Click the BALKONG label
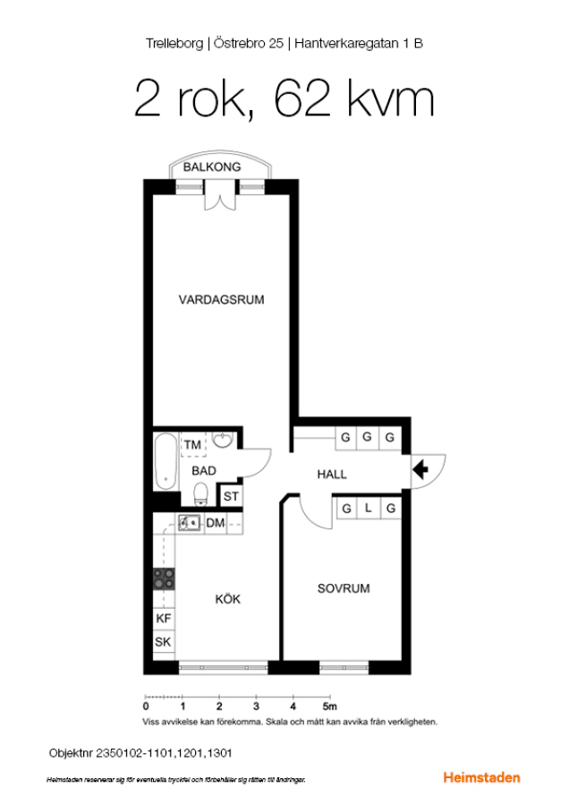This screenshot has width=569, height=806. pos(211,167)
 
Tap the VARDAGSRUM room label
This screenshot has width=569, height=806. pos(221,300)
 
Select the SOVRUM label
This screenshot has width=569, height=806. pos(344,588)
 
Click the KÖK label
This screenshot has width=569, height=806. pos(227,599)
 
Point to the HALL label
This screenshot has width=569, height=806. pos(332,474)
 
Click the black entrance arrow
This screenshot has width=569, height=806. pos(420,469)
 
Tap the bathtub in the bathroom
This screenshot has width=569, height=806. pos(166,461)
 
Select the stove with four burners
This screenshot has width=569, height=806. pos(165,579)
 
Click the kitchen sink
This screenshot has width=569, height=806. pos(189,523)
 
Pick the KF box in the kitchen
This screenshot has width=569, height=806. pos(164,618)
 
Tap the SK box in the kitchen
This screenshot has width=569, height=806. pos(164,641)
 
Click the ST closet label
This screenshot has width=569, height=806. pos(231,496)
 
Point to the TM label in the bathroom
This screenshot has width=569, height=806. pos(192,444)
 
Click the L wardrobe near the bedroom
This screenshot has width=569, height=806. pos(369,509)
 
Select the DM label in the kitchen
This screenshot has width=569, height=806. pos(216,523)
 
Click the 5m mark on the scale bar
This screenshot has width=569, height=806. pos(330,707)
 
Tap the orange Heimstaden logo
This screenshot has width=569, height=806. pos(481,777)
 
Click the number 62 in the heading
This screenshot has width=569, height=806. pos(302,99)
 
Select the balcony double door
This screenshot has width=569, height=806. pos(220,195)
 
